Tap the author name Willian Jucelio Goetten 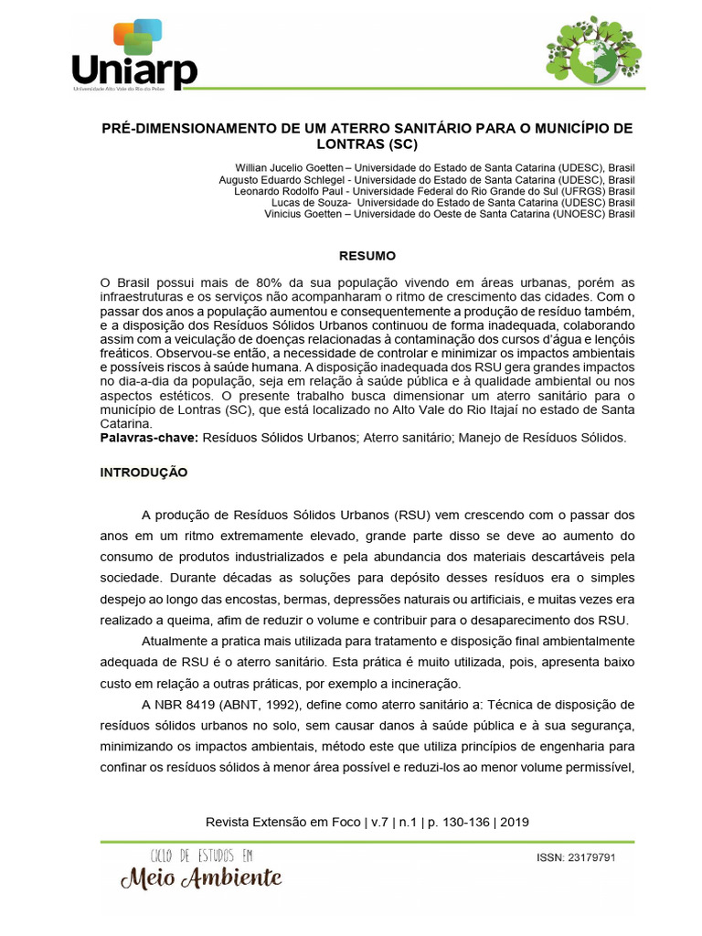click(291, 168)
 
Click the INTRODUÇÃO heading click(144, 473)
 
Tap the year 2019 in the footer click(515, 822)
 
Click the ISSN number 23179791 click(595, 858)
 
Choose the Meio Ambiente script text click(201, 879)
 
